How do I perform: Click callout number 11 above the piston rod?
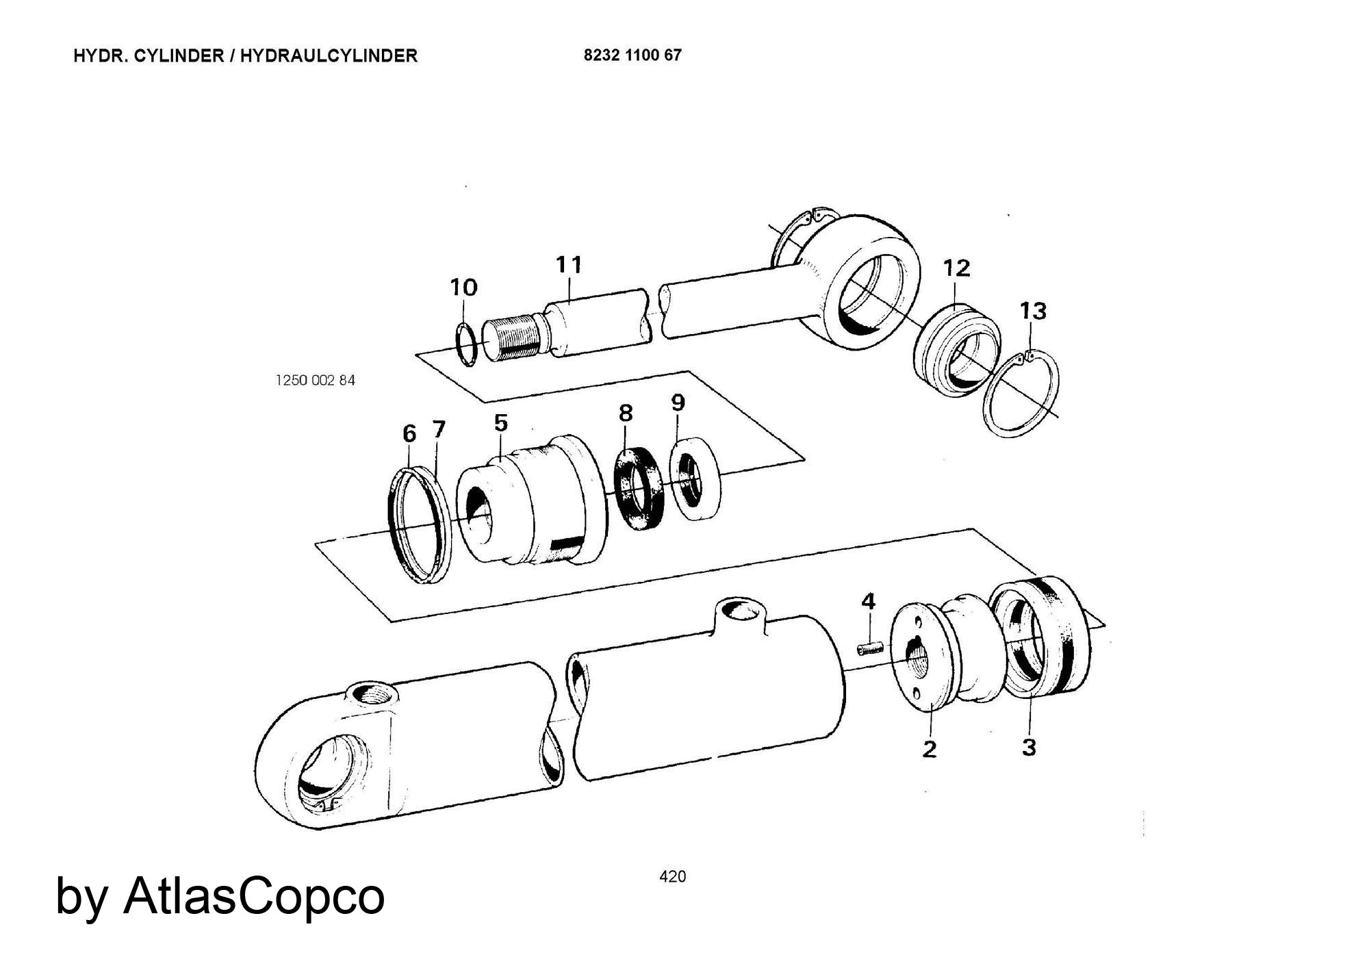[x=569, y=264]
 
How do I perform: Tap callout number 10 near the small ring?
[x=463, y=288]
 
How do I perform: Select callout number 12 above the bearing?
[x=956, y=268]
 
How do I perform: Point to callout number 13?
[x=1033, y=311]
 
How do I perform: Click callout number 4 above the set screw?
[x=868, y=602]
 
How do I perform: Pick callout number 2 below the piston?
[x=929, y=750]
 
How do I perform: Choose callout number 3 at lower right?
[x=1029, y=747]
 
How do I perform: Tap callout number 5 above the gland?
[x=501, y=423]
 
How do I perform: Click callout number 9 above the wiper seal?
[x=678, y=403]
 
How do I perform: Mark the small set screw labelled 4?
[x=870, y=647]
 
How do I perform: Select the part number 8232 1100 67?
[x=632, y=55]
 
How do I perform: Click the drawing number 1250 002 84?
[x=315, y=381]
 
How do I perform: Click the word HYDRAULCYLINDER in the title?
[x=329, y=56]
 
